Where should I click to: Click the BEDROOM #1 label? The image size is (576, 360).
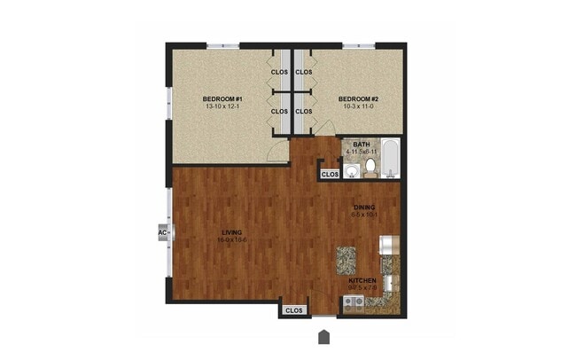217,98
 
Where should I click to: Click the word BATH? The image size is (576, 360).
362,144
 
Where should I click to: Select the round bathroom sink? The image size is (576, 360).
351,168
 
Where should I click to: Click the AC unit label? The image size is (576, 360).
162,233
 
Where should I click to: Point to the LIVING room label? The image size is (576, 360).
232,232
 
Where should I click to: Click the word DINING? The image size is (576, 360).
365,207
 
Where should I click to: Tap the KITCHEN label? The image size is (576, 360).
362,280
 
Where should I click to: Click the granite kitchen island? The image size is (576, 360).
346,259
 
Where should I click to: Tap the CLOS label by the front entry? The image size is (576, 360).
294,310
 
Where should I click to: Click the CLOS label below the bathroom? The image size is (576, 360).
330,175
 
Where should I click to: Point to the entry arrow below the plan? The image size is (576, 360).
325,337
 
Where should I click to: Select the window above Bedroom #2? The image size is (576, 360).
360,45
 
